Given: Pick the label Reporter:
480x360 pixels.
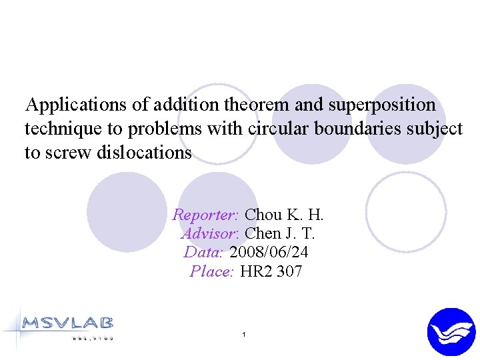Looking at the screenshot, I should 205,215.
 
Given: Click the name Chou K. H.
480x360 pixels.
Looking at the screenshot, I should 284,215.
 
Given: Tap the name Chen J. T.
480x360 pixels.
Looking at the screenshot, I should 280,233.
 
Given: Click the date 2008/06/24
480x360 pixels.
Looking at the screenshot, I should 269,252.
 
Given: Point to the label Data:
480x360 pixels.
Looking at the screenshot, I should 203,252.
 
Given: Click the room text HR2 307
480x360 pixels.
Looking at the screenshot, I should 271,271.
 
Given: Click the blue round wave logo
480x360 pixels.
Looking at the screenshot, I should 451,332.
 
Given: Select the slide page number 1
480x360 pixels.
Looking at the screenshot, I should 245,333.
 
